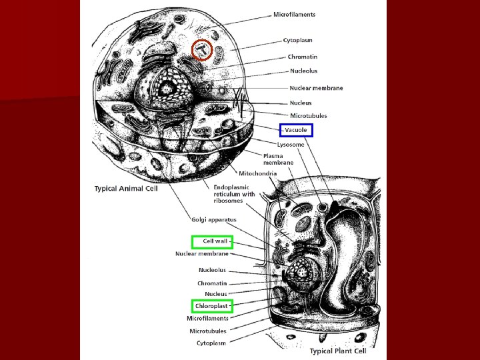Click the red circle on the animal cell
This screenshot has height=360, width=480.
tap(202, 50)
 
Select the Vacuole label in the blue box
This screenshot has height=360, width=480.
tap(295, 130)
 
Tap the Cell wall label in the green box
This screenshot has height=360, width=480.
tap(212, 241)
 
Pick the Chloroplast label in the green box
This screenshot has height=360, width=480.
tap(212, 306)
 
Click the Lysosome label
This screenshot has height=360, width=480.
tap(291, 144)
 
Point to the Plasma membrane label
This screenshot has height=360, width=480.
tap(278, 159)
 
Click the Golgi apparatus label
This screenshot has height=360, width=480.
tap(214, 219)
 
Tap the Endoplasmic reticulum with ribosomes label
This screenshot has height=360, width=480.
tap(233, 193)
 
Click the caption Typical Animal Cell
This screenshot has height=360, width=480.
tap(126, 189)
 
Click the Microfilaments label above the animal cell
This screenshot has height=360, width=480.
tap(294, 14)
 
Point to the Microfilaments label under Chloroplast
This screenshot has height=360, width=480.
tap(207, 319)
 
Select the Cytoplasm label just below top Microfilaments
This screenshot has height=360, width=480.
tap(297, 41)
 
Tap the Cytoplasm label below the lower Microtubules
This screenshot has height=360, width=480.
tap(211, 343)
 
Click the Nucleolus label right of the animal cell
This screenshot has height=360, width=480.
tap(303, 71)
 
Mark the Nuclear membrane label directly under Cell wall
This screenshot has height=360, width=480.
tap(202, 253)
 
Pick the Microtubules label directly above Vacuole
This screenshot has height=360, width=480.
tap(308, 116)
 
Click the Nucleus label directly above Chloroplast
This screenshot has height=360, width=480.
tap(215, 294)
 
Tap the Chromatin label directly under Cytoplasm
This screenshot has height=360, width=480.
tap(303, 57)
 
